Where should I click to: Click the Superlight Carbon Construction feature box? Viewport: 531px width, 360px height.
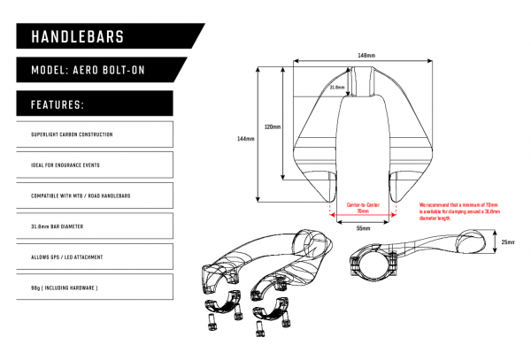coord(93,135)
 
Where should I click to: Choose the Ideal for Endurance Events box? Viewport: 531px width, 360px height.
coord(93,165)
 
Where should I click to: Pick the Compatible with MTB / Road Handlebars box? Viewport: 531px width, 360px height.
coord(93,195)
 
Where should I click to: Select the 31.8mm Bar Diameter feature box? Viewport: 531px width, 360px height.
coord(93,226)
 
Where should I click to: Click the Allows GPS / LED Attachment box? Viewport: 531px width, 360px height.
coord(93,257)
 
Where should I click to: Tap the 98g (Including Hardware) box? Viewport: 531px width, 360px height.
coord(93,287)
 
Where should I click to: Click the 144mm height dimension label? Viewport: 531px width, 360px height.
coord(247,139)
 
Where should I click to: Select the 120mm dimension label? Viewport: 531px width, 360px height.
coord(272,126)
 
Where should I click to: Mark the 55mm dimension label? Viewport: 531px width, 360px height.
coord(363,228)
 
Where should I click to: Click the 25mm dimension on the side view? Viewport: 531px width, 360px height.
coord(507,241)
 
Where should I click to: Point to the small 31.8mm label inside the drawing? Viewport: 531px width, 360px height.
coord(336,88)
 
